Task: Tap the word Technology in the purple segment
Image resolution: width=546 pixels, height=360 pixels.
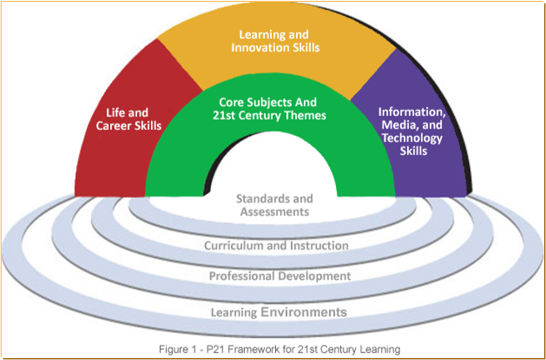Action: (x=411, y=137)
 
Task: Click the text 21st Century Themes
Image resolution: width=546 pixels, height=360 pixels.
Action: (x=270, y=115)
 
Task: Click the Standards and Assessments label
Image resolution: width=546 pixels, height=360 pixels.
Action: (x=274, y=205)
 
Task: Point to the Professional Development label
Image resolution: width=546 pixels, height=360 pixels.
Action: (x=280, y=276)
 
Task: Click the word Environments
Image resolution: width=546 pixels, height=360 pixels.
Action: (x=304, y=312)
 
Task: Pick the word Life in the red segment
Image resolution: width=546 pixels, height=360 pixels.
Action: (x=121, y=112)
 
